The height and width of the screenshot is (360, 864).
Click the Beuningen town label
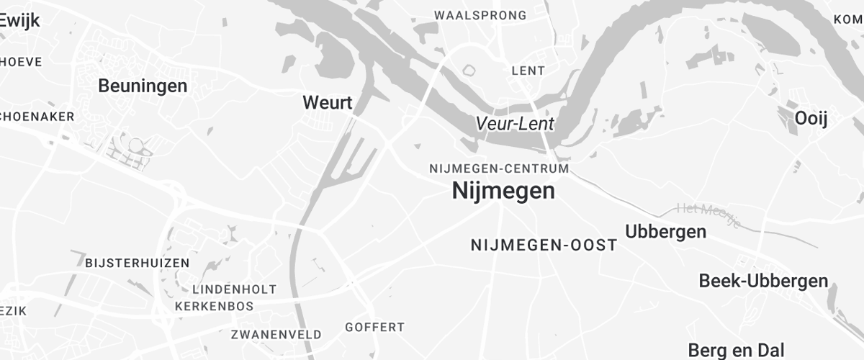pos(143,86)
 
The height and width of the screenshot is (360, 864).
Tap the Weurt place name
pos(328,103)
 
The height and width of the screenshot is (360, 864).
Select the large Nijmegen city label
pos(503,191)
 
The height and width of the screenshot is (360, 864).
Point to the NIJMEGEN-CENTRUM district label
pos(499,168)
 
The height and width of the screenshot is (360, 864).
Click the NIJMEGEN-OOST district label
pos(544,246)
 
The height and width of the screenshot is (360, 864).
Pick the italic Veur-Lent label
pos(515,124)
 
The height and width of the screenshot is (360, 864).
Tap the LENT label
pos(528,71)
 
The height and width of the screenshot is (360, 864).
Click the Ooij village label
pos(811,119)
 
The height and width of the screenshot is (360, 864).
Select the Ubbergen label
pos(665,232)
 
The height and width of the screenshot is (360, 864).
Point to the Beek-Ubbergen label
pos(763,281)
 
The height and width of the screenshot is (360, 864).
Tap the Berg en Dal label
pos(736,350)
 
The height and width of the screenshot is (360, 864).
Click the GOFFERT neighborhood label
pos(374,328)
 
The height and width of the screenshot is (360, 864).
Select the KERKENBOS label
pos(214,306)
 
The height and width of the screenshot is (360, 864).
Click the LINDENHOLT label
pos(235,289)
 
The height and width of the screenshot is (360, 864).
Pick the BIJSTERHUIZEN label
pos(138,263)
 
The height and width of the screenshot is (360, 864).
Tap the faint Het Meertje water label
pos(708,215)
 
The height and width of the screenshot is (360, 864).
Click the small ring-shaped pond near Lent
pos(469,71)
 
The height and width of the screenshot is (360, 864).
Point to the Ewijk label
pos(19,21)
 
